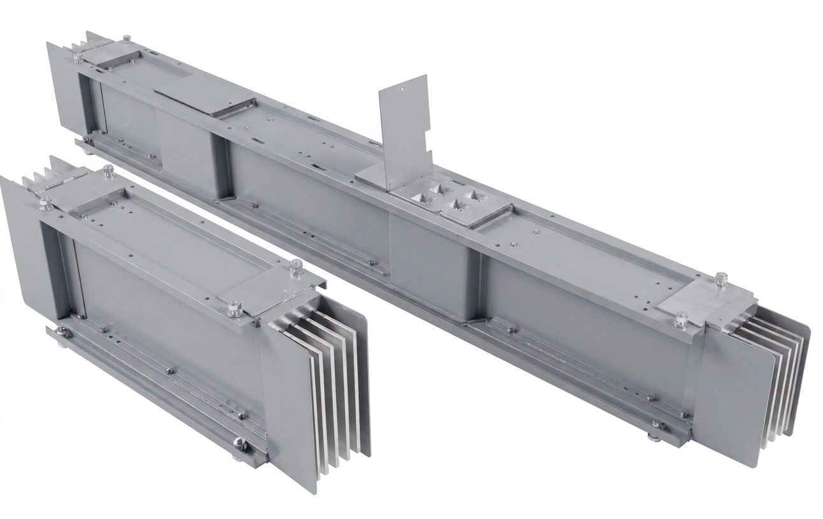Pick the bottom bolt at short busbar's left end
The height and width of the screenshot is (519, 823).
pos(62,336)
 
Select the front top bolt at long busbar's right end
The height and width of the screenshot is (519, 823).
pos(682,318)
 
